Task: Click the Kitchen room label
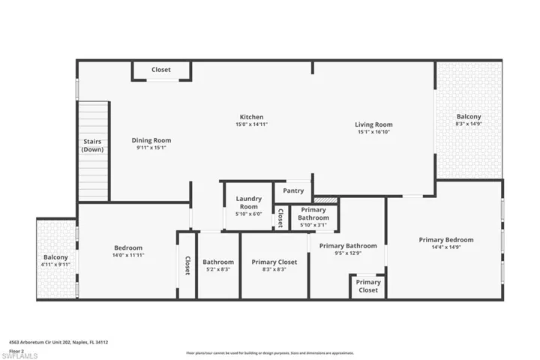pos(251,117)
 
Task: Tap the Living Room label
pos(373,124)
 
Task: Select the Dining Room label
pos(151,140)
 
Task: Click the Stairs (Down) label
pos(92,145)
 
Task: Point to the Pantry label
pos(293,191)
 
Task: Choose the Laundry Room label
pos(247,202)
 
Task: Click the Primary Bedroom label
pos(445,240)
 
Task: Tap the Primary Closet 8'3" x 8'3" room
pos(274,265)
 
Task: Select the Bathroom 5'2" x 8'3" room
pos(218,265)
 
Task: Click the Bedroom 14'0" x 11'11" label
pos(128,251)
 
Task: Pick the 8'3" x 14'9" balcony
pos(469,121)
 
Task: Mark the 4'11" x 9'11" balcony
pos(55,260)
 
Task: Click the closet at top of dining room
pos(160,70)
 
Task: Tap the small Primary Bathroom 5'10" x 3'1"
pos(313,217)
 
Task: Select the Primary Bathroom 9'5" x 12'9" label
pos(347,249)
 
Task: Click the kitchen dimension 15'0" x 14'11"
pos(251,125)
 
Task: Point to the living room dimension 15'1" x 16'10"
pos(373,132)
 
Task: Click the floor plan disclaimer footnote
pos(269,352)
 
